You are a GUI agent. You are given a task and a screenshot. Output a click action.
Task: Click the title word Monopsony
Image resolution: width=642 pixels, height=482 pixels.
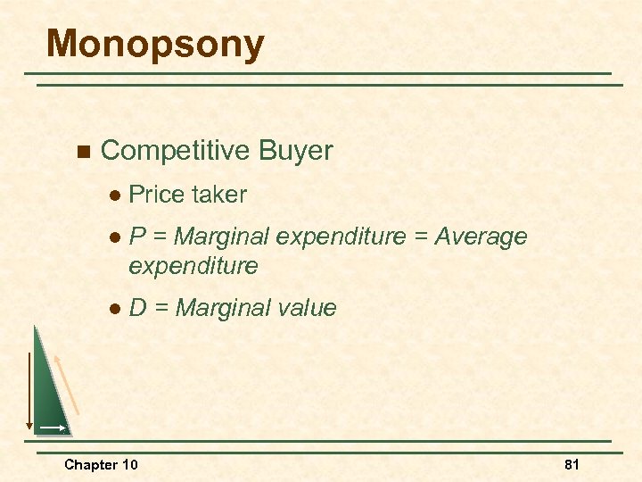[x=155, y=45]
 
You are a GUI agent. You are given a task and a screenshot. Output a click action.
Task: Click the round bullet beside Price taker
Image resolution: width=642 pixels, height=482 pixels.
[x=114, y=195]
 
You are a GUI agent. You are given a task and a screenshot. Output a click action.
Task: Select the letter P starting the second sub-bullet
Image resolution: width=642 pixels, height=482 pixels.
[x=137, y=237]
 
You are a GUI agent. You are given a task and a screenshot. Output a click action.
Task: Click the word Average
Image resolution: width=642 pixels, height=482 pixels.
[x=481, y=237]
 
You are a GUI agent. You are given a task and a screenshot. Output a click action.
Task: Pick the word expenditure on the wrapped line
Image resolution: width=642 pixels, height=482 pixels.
[x=193, y=265]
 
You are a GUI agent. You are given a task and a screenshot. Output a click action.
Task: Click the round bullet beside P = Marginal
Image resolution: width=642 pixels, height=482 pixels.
[x=114, y=237]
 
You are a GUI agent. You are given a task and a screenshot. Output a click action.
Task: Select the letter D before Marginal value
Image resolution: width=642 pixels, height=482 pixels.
[x=138, y=308]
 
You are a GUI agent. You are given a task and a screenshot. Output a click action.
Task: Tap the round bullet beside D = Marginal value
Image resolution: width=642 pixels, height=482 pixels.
[x=114, y=309]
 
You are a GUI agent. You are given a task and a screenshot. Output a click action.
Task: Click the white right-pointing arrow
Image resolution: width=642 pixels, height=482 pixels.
[x=52, y=428]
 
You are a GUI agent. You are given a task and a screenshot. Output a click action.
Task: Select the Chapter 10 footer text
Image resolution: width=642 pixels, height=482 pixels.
[x=101, y=464]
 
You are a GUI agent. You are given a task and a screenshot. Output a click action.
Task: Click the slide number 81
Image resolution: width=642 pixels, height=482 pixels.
[x=572, y=464]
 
